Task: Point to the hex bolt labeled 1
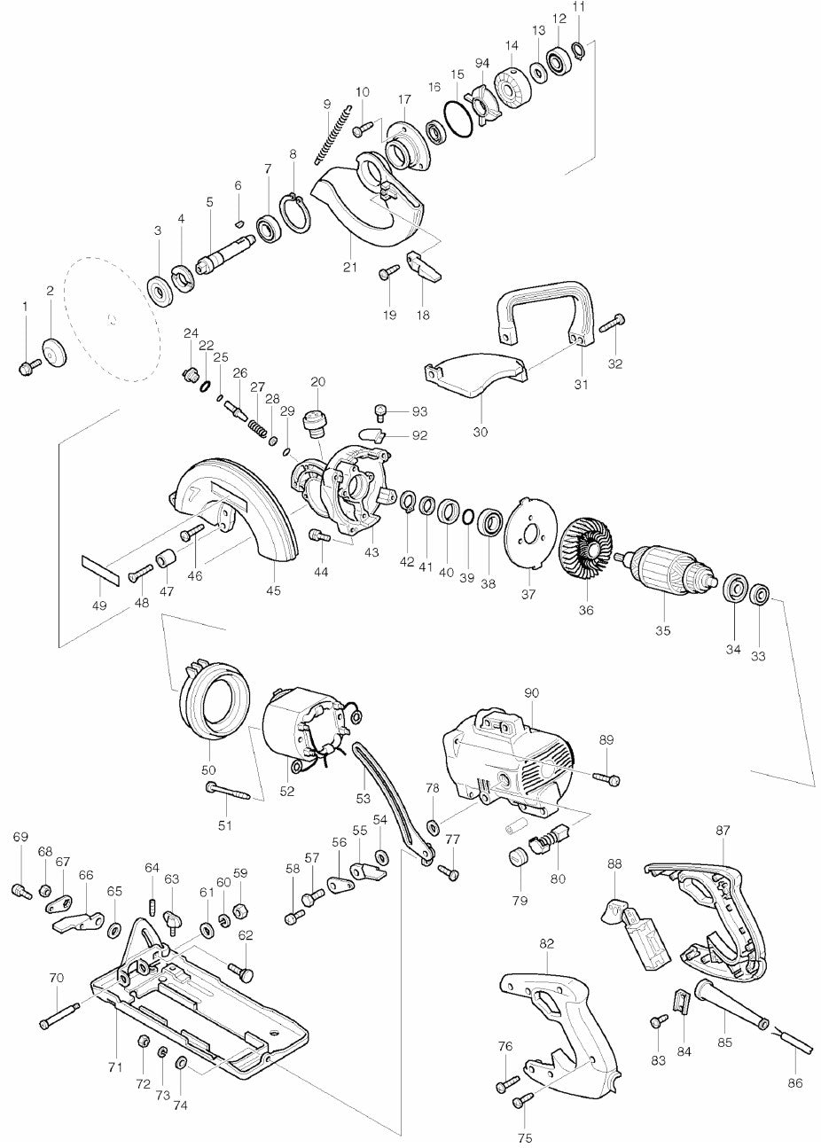click(30, 366)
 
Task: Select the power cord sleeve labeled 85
click(731, 996)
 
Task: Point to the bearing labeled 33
click(758, 596)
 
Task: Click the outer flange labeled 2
click(53, 352)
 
